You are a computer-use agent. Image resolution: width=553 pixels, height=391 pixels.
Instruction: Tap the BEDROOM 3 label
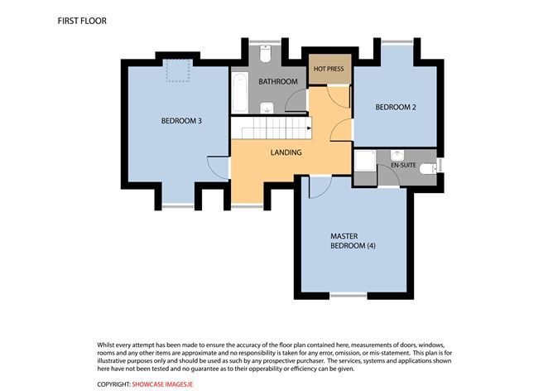pos(181,121)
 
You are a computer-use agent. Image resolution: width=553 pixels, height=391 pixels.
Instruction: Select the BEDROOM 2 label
pos(394,107)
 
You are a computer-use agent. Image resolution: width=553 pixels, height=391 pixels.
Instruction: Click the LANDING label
pos(286,152)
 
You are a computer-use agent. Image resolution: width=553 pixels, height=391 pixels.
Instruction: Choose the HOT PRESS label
pos(327,70)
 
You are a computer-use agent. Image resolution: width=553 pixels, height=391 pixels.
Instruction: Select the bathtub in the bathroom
pos(238,93)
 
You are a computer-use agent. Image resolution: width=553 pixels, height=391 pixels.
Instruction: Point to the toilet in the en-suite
pos(426,169)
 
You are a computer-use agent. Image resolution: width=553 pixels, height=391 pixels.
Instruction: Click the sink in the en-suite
pos(397,154)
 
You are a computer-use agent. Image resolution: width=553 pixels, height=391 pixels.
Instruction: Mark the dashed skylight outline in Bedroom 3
pos(175,71)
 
